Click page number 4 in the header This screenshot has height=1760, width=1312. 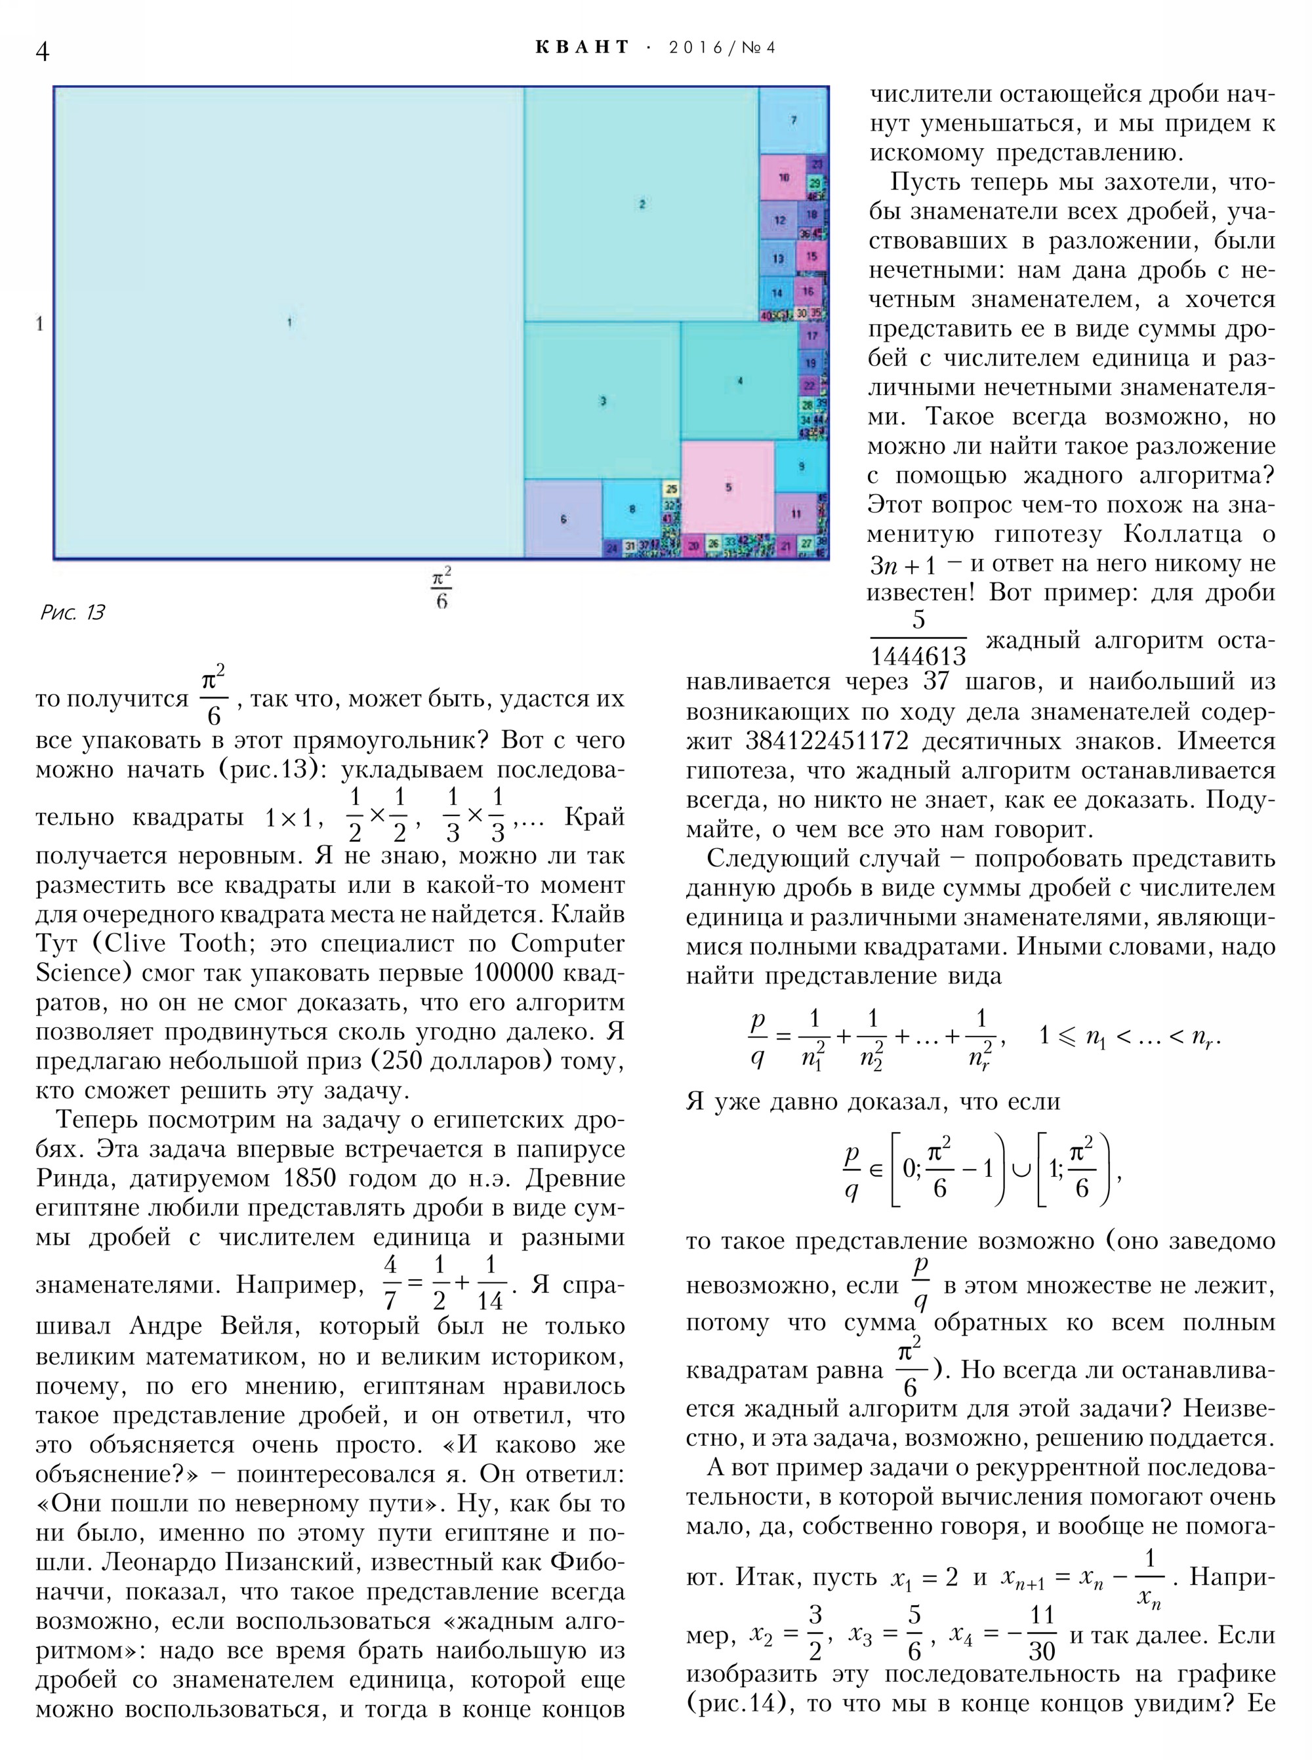click(x=43, y=51)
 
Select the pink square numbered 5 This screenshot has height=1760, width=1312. click(x=728, y=487)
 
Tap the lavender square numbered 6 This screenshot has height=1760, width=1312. click(x=563, y=520)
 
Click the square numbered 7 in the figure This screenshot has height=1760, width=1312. click(x=792, y=121)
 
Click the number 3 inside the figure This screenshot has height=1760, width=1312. click(x=603, y=401)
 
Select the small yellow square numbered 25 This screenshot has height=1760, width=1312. click(x=671, y=489)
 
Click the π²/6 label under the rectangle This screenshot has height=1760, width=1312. click(x=441, y=588)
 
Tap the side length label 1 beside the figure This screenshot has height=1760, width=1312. click(x=39, y=324)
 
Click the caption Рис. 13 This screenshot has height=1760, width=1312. click(x=72, y=612)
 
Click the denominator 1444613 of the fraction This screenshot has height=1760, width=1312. click(x=918, y=656)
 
